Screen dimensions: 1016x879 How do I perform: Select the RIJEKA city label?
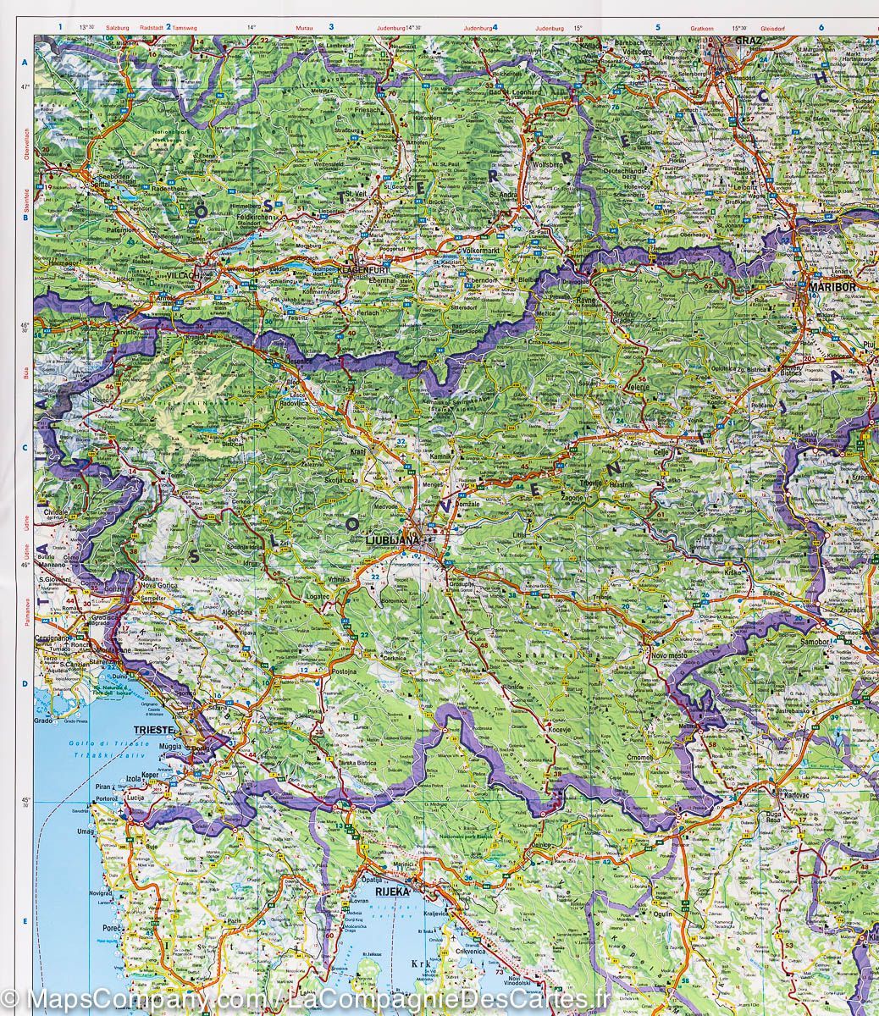pyautogui.click(x=395, y=891)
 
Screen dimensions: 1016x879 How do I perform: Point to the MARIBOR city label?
pyautogui.click(x=834, y=286)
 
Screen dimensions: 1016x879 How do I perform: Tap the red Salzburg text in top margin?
pyautogui.click(x=117, y=28)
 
